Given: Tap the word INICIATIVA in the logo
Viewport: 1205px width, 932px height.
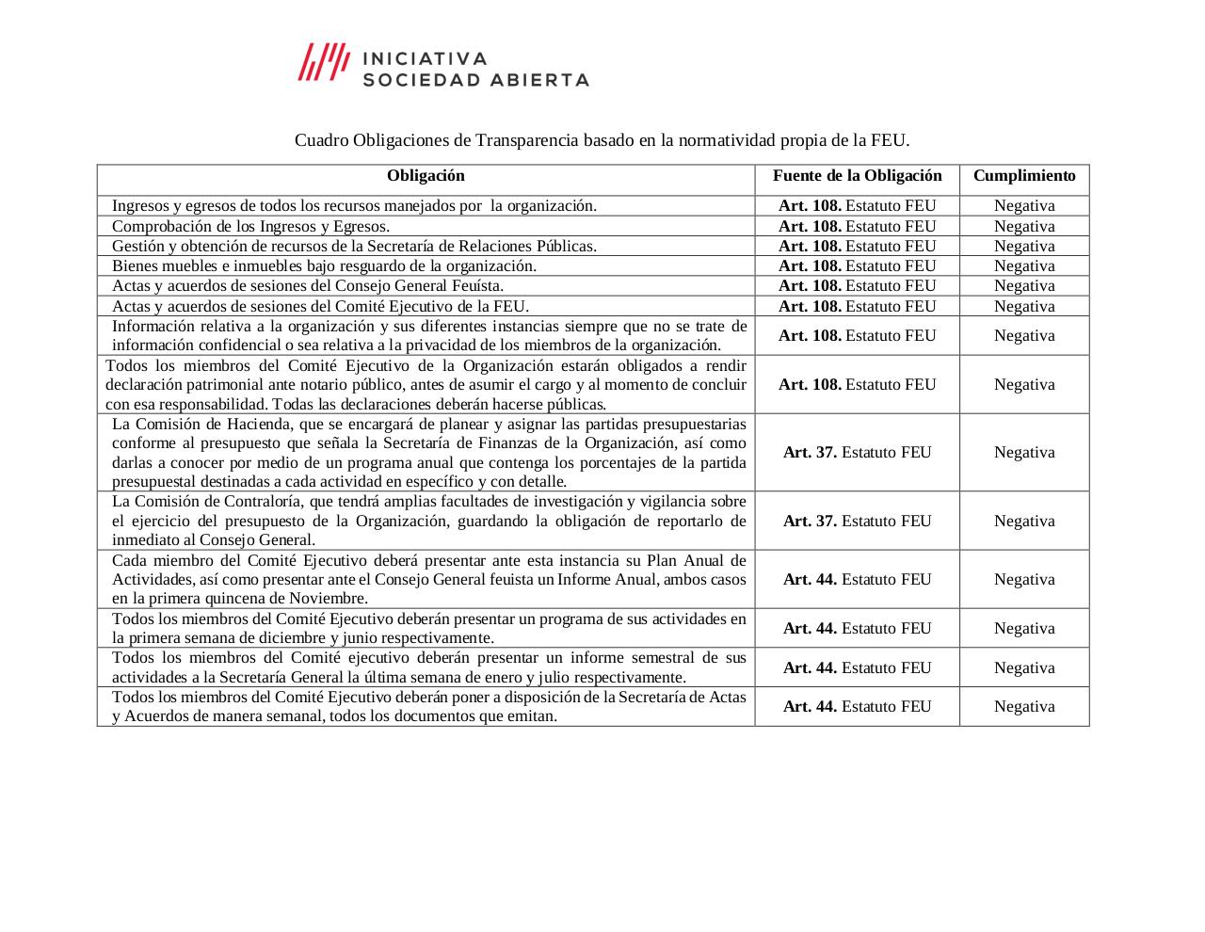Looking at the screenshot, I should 426,58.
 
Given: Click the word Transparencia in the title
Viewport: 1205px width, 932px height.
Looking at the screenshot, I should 527,140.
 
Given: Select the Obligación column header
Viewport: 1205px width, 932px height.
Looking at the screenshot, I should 426,176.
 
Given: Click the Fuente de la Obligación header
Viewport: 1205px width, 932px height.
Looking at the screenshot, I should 857,176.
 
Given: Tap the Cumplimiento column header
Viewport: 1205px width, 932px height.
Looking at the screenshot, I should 1024,176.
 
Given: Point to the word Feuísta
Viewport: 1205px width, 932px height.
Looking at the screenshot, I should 475,286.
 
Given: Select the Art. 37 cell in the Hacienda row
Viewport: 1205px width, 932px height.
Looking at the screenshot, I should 857,453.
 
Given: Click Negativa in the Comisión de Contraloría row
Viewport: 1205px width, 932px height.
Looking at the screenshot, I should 1024,522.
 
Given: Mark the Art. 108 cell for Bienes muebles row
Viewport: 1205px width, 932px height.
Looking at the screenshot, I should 857,266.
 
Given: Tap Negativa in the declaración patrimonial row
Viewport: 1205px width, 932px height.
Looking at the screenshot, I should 1024,385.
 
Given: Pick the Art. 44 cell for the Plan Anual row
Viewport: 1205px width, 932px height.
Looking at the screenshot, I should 857,580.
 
